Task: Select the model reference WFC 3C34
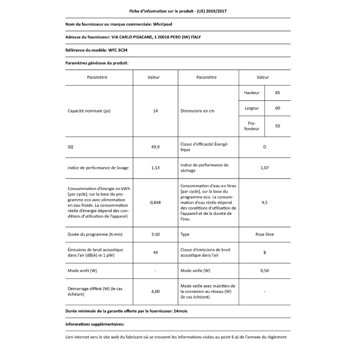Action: tap(118, 50)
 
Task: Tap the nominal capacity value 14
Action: tap(155, 111)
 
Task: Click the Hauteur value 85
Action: tap(277, 93)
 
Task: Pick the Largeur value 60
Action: tap(277, 108)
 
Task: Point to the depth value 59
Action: tap(277, 126)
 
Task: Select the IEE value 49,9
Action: tap(155, 147)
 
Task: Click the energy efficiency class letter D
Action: tap(265, 147)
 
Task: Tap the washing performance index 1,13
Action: tap(155, 168)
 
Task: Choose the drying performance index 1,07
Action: tap(265, 168)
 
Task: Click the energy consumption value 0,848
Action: tap(155, 202)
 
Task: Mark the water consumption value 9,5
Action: tap(265, 202)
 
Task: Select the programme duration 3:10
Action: tap(155, 234)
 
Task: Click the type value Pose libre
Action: tap(265, 234)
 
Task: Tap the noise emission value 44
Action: tap(155, 253)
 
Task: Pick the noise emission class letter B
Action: tap(265, 253)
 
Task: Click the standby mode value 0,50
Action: tap(265, 271)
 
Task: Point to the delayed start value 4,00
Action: tap(155, 291)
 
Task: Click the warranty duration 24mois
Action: tap(180, 311)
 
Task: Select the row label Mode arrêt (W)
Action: tap(82, 271)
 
